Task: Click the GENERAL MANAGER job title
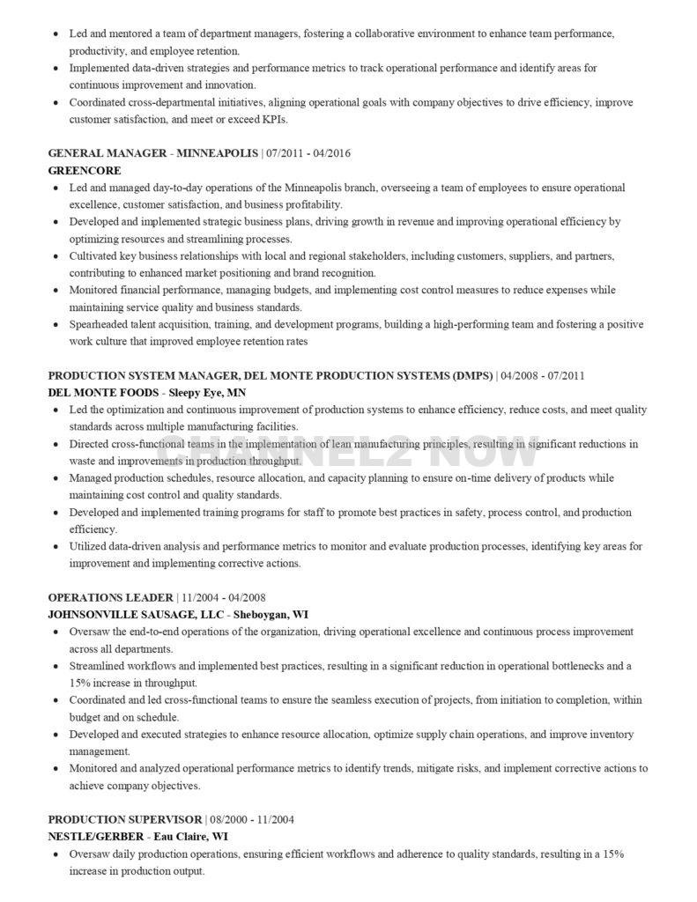[x=107, y=153]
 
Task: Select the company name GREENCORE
[x=85, y=170]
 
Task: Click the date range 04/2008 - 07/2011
[x=543, y=376]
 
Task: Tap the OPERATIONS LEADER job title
[x=109, y=598]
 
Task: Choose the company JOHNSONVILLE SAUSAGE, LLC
[x=137, y=615]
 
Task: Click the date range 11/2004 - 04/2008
[x=224, y=598]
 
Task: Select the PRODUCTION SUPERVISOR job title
[x=124, y=820]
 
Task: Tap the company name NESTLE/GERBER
[x=95, y=837]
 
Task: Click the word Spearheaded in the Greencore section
[x=97, y=325]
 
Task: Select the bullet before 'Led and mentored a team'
[x=56, y=34]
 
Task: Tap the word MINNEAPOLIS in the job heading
[x=216, y=153]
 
